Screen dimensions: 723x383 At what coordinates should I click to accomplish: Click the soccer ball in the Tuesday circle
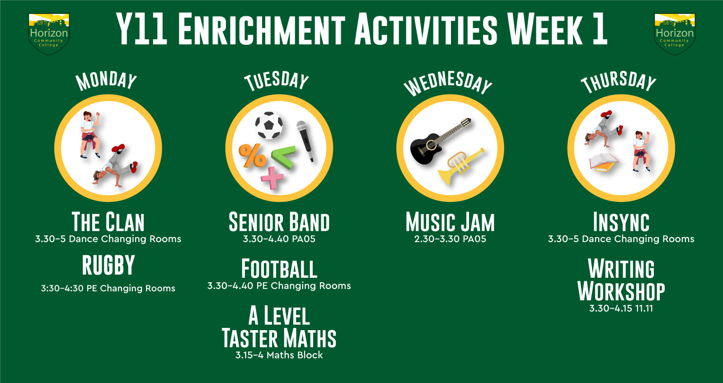[269, 125]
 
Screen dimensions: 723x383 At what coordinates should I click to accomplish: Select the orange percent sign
[253, 155]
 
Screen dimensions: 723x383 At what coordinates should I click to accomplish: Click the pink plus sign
[272, 178]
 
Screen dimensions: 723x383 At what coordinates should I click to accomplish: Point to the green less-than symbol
[284, 157]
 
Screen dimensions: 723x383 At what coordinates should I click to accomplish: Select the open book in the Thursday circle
[604, 162]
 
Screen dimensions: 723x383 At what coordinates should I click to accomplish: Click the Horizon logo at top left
[49, 34]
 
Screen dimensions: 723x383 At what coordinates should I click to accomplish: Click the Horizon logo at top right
[674, 34]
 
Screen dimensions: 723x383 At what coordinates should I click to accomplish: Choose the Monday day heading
[106, 80]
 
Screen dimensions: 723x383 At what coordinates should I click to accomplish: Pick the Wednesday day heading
[448, 83]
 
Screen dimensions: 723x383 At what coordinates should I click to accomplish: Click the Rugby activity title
[108, 265]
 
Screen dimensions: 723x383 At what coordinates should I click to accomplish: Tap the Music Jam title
[450, 222]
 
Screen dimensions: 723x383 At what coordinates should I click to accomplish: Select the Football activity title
[279, 269]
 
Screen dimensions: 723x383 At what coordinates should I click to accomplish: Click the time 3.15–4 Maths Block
[279, 355]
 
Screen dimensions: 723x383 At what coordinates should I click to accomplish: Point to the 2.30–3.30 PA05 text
[450, 239]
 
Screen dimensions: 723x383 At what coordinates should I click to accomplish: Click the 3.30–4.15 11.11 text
[621, 308]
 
